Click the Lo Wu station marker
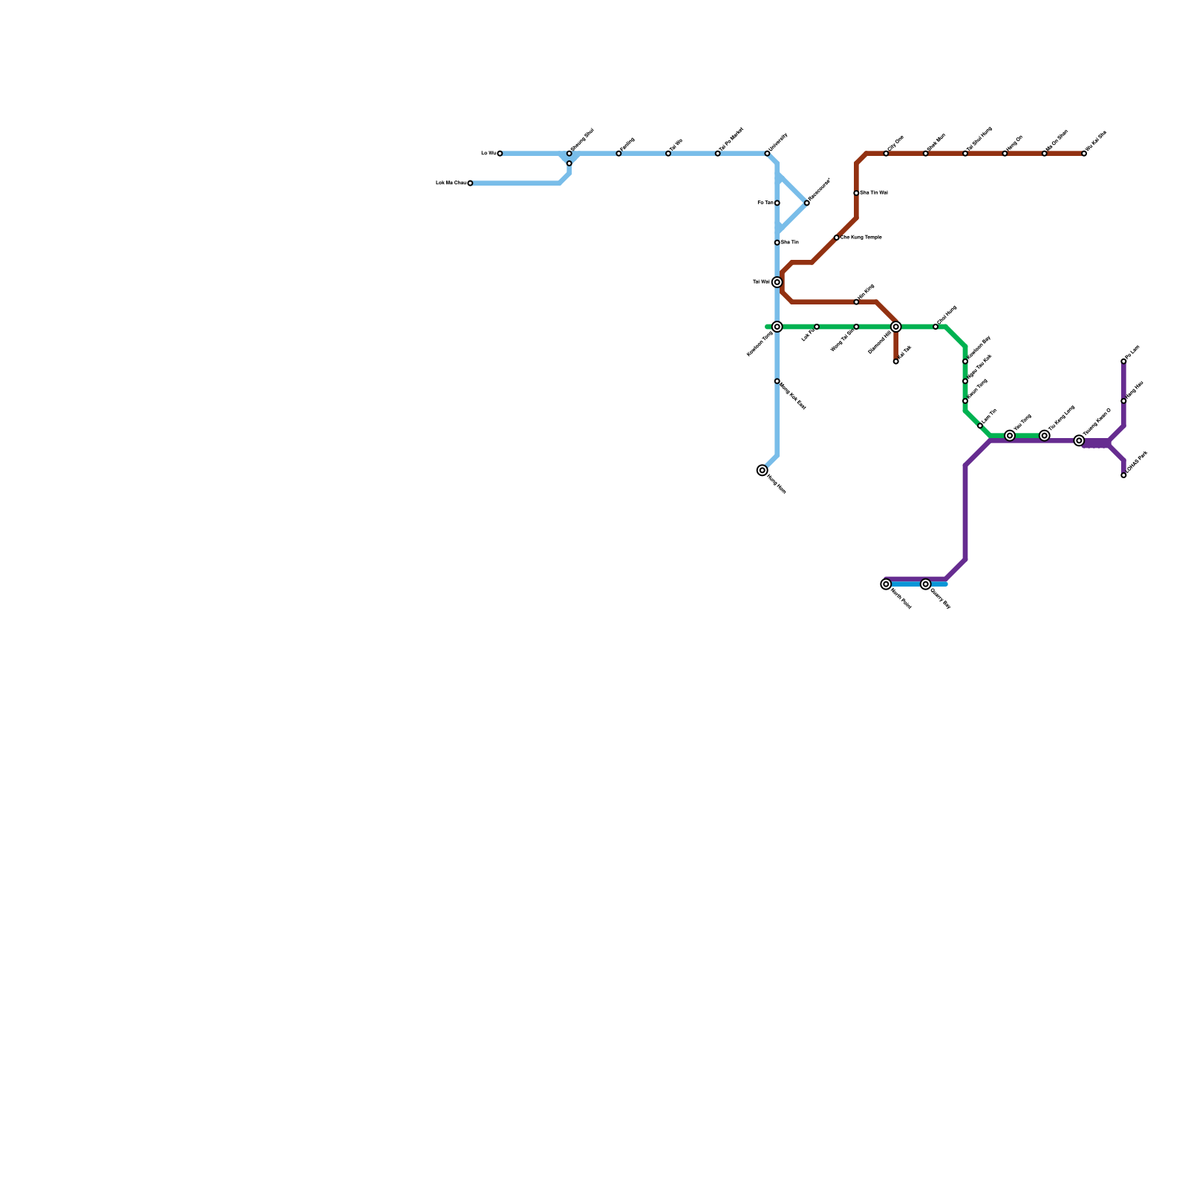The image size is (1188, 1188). pos(500,154)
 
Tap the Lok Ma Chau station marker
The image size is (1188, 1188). pos(470,183)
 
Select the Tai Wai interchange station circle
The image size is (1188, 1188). pos(777,282)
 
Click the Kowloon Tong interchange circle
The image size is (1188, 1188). pos(777,327)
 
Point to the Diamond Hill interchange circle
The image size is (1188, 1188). pos(896,327)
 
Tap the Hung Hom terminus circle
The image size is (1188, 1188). pos(762,470)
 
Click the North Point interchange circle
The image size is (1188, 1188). pos(886,584)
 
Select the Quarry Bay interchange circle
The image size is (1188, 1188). pos(926,584)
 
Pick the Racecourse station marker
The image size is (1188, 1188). pos(807,203)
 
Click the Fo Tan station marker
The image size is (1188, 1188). pos(777,203)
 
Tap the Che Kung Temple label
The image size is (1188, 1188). pos(861,238)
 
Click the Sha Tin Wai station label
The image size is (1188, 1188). pos(874,193)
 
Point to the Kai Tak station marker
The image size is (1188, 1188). pos(896,362)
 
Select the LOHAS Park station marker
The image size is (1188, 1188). pos(1123,475)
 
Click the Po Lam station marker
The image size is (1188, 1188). pos(1123,362)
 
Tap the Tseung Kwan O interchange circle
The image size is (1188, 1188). pos(1079,441)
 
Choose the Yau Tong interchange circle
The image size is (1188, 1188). pos(1010,436)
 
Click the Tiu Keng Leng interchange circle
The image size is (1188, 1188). pos(1045,436)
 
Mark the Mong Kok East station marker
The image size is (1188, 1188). pos(777,381)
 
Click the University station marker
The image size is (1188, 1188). pos(767,154)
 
